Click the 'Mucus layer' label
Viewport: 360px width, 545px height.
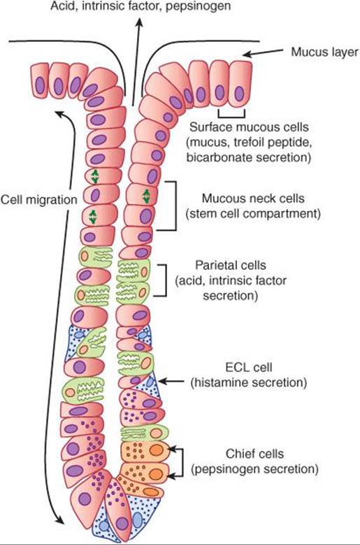pyautogui.click(x=324, y=52)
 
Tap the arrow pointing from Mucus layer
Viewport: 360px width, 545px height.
pyautogui.click(x=263, y=52)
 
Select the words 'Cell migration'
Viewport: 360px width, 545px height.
pyautogui.click(x=38, y=200)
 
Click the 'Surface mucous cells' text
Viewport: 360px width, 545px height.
pyautogui.click(x=249, y=127)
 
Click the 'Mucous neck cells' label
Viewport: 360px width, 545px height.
pyautogui.click(x=253, y=198)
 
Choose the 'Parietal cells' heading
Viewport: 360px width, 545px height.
pyautogui.click(x=230, y=266)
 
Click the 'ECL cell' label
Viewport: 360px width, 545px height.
pyautogui.click(x=249, y=367)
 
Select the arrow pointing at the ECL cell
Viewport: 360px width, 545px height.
pyautogui.click(x=171, y=381)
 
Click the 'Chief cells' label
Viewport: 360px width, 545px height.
pyautogui.click(x=254, y=453)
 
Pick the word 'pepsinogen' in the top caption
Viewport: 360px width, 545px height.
pyautogui.click(x=198, y=6)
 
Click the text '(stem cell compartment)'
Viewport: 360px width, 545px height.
pyautogui.click(x=253, y=213)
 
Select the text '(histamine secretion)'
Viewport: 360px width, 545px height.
pyautogui.click(x=249, y=382)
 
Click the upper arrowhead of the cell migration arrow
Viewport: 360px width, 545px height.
pyautogui.click(x=60, y=114)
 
